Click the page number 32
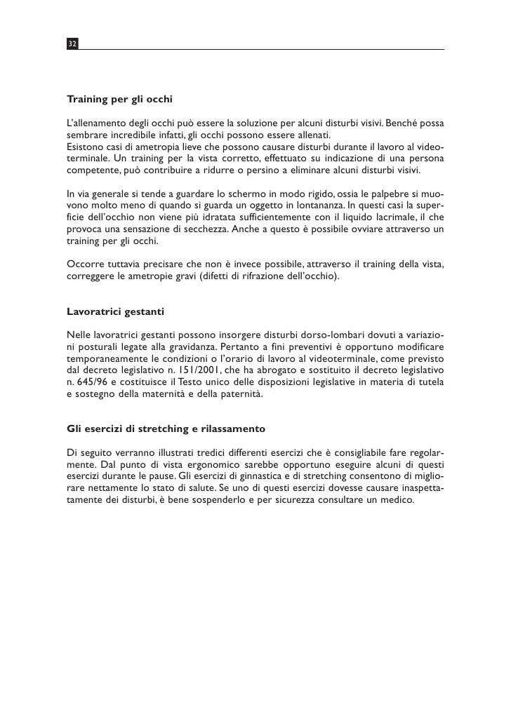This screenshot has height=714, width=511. click(x=72, y=44)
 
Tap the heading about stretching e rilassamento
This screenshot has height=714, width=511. click(x=165, y=427)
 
